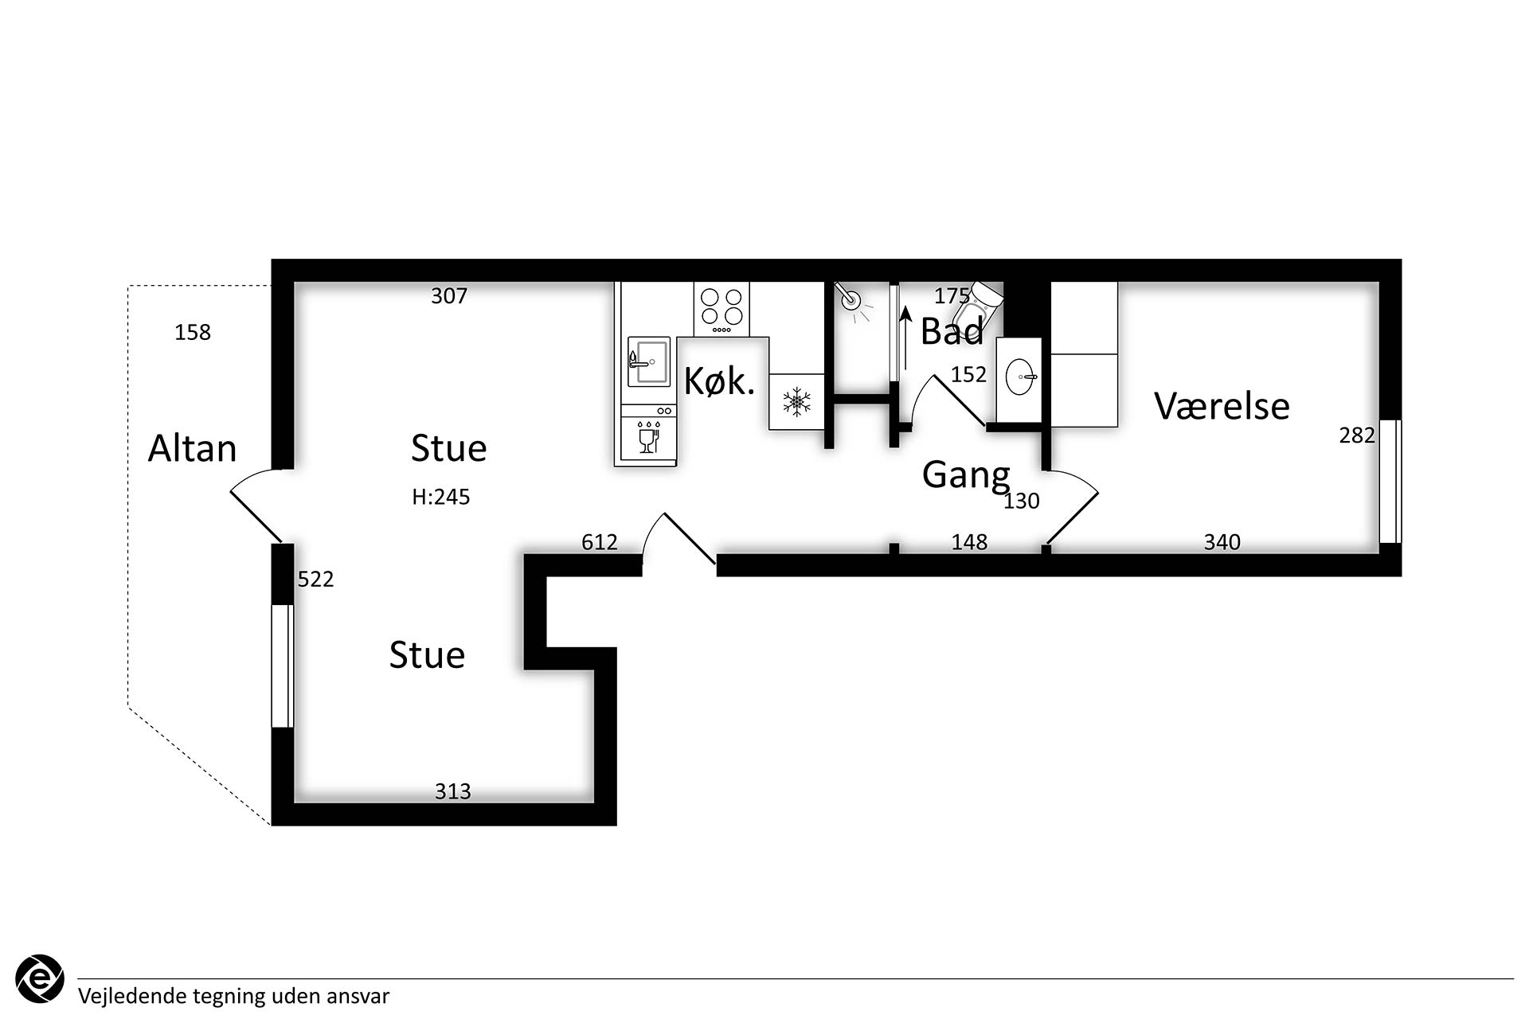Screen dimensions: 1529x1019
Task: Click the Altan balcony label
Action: tap(192, 448)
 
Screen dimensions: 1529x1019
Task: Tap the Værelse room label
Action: tap(1222, 406)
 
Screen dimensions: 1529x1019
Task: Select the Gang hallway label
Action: tap(966, 475)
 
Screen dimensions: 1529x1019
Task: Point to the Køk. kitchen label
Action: tap(719, 381)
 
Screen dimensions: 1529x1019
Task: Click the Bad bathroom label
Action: tap(952, 331)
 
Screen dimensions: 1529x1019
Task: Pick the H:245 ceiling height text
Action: tap(440, 497)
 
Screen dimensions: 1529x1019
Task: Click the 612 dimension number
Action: tap(600, 542)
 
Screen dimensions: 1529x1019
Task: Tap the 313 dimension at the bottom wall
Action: tap(452, 791)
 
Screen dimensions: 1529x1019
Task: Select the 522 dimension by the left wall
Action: tap(315, 579)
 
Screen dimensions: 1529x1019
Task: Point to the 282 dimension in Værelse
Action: tap(1357, 435)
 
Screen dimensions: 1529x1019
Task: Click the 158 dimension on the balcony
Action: tap(193, 332)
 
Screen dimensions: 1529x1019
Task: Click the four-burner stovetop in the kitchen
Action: tap(721, 309)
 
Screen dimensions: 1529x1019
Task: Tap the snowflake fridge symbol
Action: tap(796, 401)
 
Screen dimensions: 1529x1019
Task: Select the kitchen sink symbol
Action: tap(649, 362)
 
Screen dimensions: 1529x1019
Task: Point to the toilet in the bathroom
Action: tap(977, 306)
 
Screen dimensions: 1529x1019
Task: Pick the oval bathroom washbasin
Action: tap(1019, 377)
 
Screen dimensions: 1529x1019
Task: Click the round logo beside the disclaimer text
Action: tap(40, 978)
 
